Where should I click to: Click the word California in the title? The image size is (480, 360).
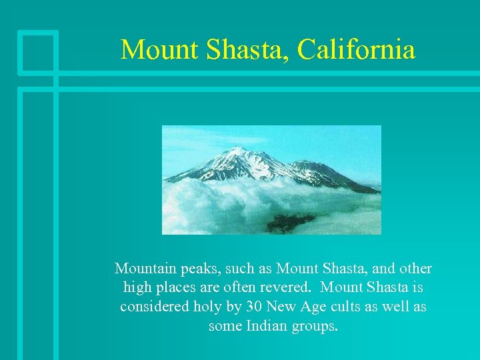(356, 49)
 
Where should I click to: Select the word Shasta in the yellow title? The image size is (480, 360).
(240, 49)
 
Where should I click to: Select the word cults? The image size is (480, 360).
(350, 307)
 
